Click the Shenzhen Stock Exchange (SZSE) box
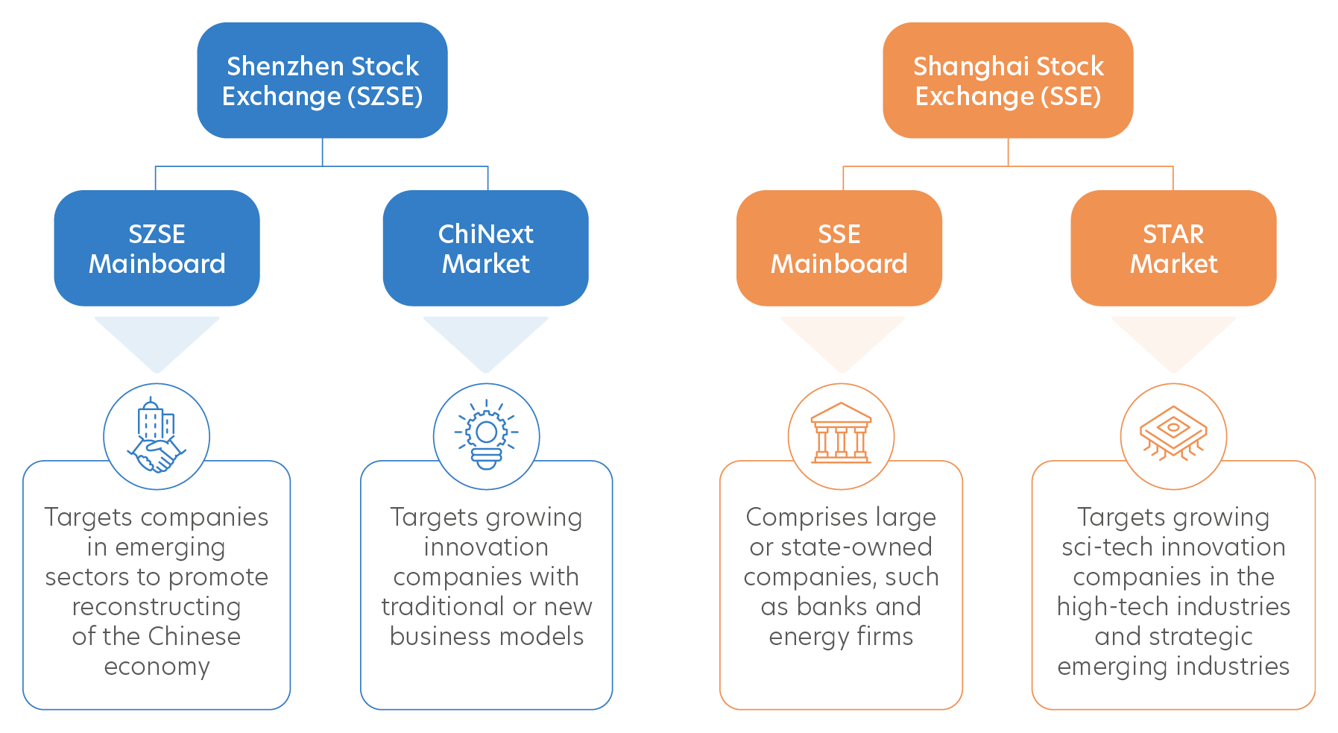tap(322, 81)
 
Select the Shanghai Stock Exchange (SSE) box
tap(1008, 81)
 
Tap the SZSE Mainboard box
tap(157, 248)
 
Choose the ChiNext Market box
tap(485, 248)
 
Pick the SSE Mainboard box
tap(839, 248)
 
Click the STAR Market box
tap(1173, 248)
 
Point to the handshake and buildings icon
tap(157, 437)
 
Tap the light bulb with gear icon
tap(486, 437)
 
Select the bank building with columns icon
tap(841, 437)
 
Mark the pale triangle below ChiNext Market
tap(486, 339)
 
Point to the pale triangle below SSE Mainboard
tap(842, 339)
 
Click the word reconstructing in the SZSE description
tap(157, 607)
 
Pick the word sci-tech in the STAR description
tap(1102, 547)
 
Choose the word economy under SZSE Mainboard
tap(157, 667)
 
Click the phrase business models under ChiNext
tap(486, 637)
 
